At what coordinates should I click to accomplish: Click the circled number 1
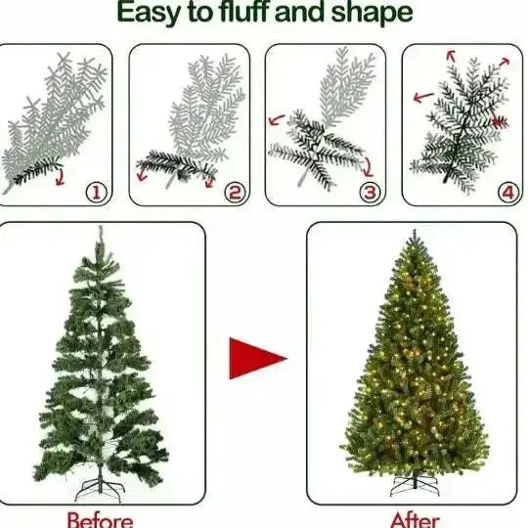click(x=96, y=192)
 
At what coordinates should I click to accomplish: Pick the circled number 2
click(x=234, y=192)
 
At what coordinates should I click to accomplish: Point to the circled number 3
click(x=370, y=192)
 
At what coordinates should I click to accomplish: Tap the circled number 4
click(x=506, y=192)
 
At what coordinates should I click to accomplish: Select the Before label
click(x=100, y=518)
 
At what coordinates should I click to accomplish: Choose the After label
click(x=416, y=518)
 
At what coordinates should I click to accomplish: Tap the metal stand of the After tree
click(x=415, y=485)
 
